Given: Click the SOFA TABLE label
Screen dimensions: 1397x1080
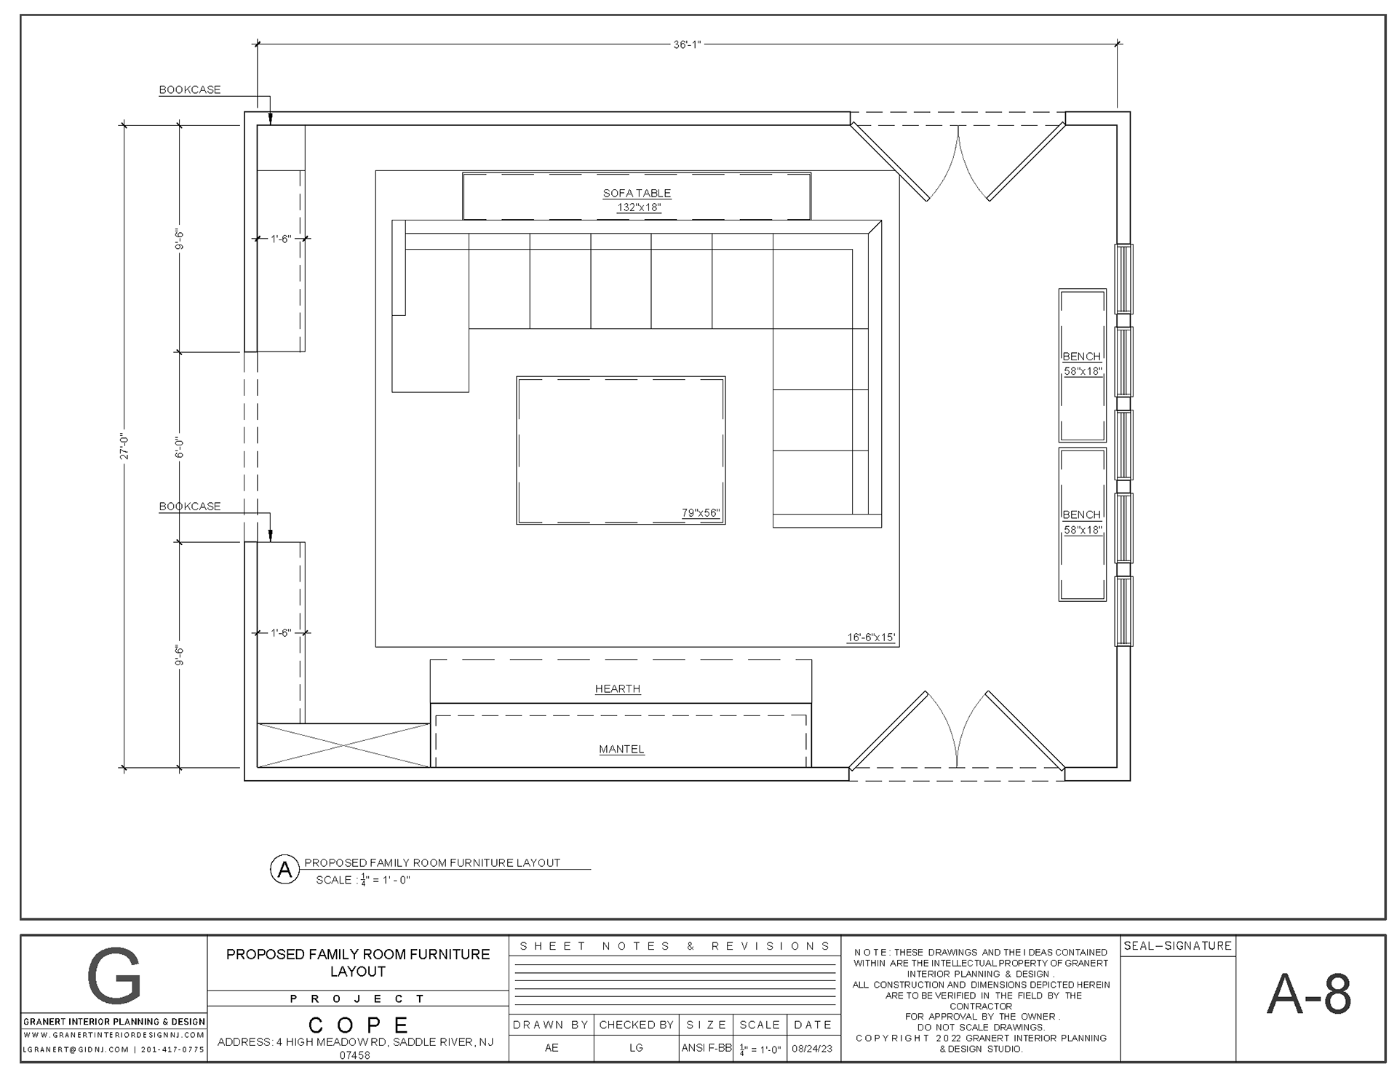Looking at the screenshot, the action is (x=637, y=193).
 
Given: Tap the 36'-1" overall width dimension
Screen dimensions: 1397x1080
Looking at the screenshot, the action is (x=687, y=44).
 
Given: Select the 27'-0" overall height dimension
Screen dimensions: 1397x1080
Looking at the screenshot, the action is (x=124, y=446).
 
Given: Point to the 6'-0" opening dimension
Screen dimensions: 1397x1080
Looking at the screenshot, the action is (x=180, y=447).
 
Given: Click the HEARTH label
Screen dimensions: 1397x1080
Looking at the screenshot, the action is (x=618, y=688).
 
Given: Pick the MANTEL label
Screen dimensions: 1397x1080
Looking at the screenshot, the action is (x=621, y=749).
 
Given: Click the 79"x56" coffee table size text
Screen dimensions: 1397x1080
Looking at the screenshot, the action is (x=701, y=513).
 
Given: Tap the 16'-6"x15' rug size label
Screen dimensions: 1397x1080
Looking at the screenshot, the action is (x=871, y=638).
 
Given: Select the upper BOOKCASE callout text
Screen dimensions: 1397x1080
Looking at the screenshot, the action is (x=190, y=90).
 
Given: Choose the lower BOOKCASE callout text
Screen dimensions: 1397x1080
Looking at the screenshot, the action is (x=190, y=506).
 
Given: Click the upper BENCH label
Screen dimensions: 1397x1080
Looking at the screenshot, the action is (x=1082, y=357).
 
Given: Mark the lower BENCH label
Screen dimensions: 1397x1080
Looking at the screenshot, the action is (x=1082, y=515).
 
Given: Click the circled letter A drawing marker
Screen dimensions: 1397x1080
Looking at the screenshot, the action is (x=285, y=869).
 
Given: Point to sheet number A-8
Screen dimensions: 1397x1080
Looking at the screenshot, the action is (x=1309, y=994).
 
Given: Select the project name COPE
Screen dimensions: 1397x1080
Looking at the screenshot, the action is (x=358, y=1025).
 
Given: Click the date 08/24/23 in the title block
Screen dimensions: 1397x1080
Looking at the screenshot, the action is (x=812, y=1049).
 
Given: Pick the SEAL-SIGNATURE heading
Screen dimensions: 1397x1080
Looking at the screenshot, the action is (x=1178, y=946).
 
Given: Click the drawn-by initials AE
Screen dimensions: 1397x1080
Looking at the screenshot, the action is (x=552, y=1048).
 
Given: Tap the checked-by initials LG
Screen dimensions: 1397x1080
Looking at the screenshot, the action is (x=636, y=1048).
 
